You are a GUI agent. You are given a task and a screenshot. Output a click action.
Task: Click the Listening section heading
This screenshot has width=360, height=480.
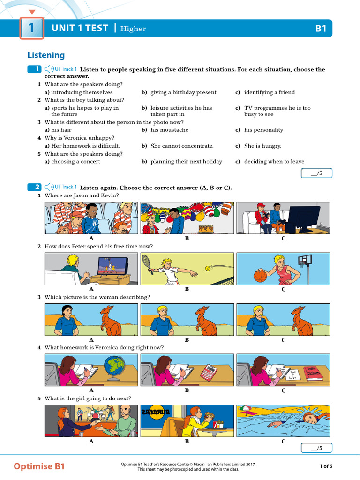tap(46, 55)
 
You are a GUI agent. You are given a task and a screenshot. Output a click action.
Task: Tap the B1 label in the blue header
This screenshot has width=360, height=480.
tap(321, 29)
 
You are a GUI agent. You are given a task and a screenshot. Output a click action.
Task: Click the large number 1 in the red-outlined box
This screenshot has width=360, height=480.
tap(31, 29)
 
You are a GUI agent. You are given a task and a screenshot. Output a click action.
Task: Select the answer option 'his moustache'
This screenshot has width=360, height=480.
tap(169, 130)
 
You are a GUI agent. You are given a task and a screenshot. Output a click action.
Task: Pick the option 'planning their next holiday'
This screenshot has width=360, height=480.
tap(186, 162)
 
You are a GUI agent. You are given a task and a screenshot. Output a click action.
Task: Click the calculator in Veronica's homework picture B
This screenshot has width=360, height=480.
tap(209, 372)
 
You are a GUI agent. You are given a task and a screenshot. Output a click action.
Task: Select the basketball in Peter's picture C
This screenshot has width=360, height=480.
tap(260, 275)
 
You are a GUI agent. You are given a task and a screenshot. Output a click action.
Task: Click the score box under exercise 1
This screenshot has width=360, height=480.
tap(317, 173)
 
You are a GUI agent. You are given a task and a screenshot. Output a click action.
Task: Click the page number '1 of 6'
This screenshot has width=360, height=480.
tap(326, 466)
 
